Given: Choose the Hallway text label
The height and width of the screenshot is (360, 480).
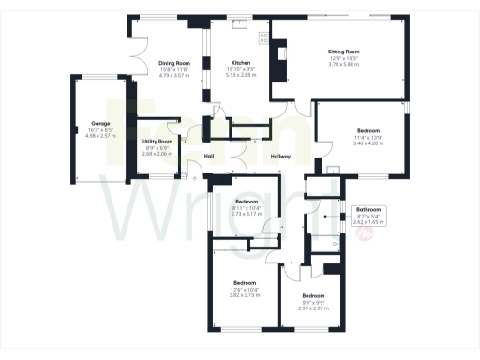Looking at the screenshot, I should pyautogui.click(x=280, y=157).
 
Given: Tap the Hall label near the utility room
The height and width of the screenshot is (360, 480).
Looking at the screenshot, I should pyautogui.click(x=210, y=157).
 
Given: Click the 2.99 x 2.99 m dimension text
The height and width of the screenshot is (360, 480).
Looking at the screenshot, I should pyautogui.click(x=313, y=307).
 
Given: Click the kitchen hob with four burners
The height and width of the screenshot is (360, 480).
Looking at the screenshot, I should pyautogui.click(x=262, y=38).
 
